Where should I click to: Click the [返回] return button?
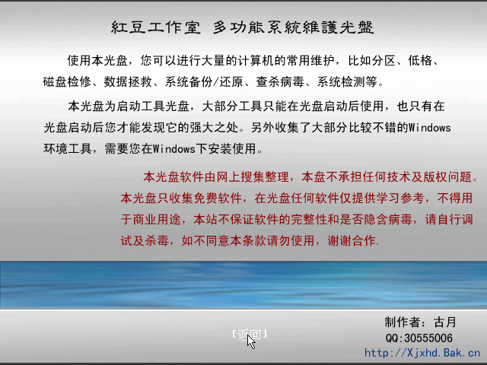(x=250, y=335)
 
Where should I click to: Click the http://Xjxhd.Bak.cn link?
(x=422, y=353)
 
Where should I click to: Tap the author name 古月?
(x=445, y=322)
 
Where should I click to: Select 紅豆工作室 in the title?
(x=156, y=27)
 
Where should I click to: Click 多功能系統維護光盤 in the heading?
(x=294, y=27)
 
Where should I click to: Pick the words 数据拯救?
(x=128, y=81)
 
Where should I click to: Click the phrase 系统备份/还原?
(x=204, y=81)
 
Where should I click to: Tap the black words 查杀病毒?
(x=280, y=81)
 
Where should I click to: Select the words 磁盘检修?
(x=67, y=81)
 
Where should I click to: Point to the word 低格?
(x=420, y=60)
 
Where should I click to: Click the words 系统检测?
(x=341, y=81)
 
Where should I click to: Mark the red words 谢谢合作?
(x=352, y=240)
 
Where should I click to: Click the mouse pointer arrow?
(x=251, y=341)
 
